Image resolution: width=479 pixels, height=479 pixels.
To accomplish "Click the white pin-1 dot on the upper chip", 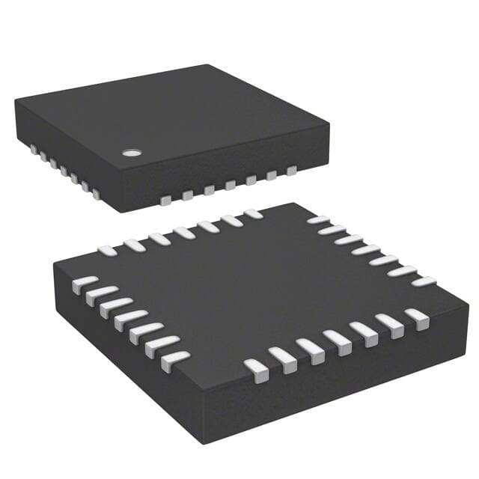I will coord(132,153).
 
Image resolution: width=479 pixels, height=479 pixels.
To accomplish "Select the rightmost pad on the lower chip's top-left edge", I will coord(254,214).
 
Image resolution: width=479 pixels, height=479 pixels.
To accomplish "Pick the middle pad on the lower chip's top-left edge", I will coord(183,233).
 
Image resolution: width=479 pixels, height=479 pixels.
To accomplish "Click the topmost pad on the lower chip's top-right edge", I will coord(318,220).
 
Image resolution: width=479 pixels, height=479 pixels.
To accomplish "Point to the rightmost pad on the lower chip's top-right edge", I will coord(424,282).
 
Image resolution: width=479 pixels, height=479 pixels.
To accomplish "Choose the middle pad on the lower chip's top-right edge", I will coord(366,249).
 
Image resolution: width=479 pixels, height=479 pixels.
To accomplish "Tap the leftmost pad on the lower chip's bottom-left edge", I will coord(84,284).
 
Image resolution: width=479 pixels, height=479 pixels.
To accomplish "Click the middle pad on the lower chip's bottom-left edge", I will coord(129,320).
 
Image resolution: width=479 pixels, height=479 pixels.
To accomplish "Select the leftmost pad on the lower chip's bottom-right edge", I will coord(257,369).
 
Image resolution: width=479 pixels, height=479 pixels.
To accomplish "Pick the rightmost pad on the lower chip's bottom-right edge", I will coord(417,318).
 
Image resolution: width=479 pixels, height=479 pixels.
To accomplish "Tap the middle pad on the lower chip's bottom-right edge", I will coord(338,342).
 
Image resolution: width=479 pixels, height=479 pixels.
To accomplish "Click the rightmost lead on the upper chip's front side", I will coord(291,171).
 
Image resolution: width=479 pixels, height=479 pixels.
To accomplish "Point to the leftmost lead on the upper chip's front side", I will coord(165,200).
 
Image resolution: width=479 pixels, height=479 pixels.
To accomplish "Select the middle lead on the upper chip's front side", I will coord(229,185).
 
